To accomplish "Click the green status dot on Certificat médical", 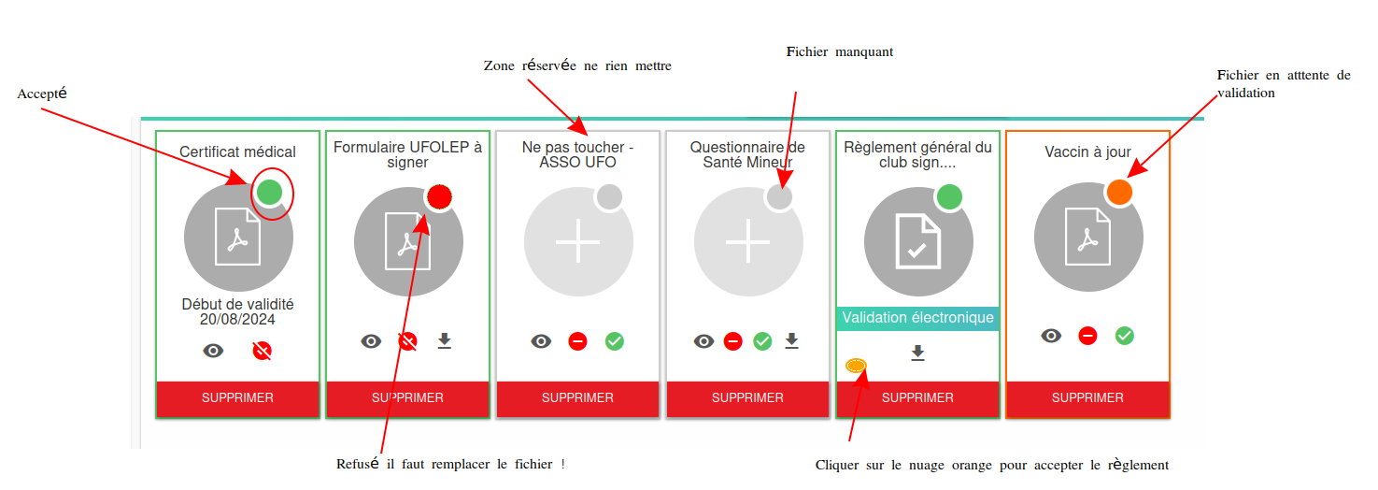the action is pos(269,192).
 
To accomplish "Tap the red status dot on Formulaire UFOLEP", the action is pos(439,197).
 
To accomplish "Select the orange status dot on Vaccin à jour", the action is pos(1119,192).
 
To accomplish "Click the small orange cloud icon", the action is pos(856,366).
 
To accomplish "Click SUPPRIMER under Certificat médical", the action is pos(237,398).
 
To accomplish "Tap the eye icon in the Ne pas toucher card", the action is pos(541,341).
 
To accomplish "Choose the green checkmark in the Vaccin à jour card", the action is pos(1125,336).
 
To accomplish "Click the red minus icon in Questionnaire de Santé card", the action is pos(732,341).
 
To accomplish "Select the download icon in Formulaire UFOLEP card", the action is pos(444,341).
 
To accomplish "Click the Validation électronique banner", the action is pos(917,318).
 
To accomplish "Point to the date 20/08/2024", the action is pos(237,320).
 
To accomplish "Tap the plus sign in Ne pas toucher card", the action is pos(577,241).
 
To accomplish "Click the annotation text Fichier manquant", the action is pos(840,51).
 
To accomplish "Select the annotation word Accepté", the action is pos(42,94).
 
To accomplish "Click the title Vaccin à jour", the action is pos(1087,152).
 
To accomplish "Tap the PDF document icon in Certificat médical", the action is pos(237,237).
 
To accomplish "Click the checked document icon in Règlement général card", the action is pos(917,241).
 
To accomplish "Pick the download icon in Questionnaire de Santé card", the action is pos(791,341).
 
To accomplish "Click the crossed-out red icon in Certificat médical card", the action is pos(263,351).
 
